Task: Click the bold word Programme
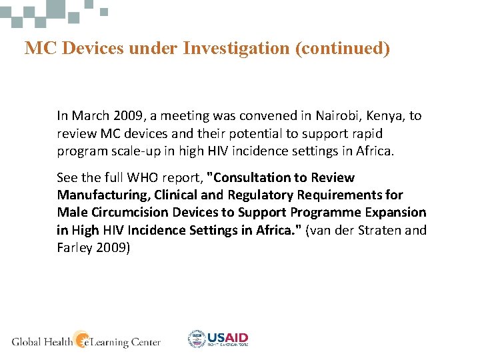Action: [x=327, y=213]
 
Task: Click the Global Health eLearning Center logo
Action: [x=86, y=341]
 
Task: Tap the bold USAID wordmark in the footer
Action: [x=228, y=337]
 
